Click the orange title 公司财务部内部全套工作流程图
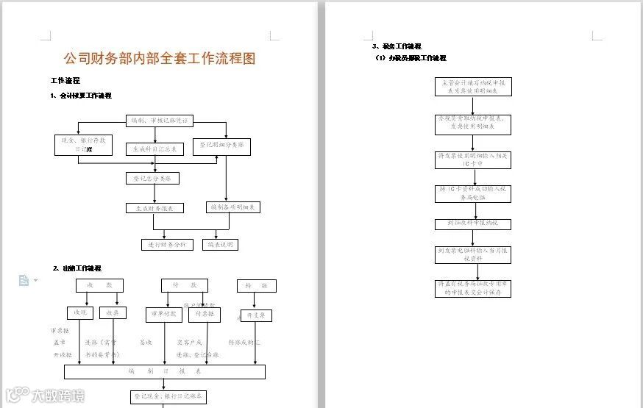click(x=160, y=59)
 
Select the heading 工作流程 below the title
click(x=65, y=81)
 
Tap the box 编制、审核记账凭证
click(x=159, y=121)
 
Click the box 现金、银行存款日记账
click(x=84, y=145)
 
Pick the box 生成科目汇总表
click(x=154, y=149)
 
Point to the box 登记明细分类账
click(x=221, y=146)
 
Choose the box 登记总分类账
click(x=152, y=178)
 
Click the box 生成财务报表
click(x=154, y=208)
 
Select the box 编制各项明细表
click(x=233, y=207)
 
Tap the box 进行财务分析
click(x=167, y=245)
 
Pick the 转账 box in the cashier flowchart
click(x=256, y=285)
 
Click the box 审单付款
click(x=163, y=314)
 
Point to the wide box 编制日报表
click(x=164, y=371)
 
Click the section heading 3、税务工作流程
click(x=397, y=46)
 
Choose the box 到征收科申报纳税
click(x=472, y=223)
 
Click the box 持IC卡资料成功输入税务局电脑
click(x=472, y=193)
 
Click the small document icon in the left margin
click(x=24, y=279)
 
